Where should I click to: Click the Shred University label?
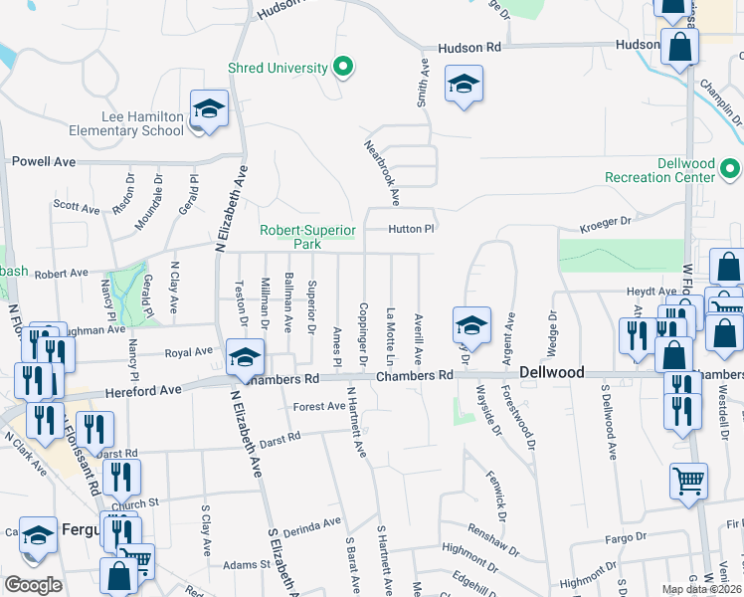278,68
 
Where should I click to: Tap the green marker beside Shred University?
343,68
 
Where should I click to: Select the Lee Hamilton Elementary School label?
126,123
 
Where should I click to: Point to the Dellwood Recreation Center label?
672,170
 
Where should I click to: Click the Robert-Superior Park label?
307,236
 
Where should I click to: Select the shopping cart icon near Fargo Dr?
687,482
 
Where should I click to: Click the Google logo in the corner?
34,585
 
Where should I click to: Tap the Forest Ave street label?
318,406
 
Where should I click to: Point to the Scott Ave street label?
77,208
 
